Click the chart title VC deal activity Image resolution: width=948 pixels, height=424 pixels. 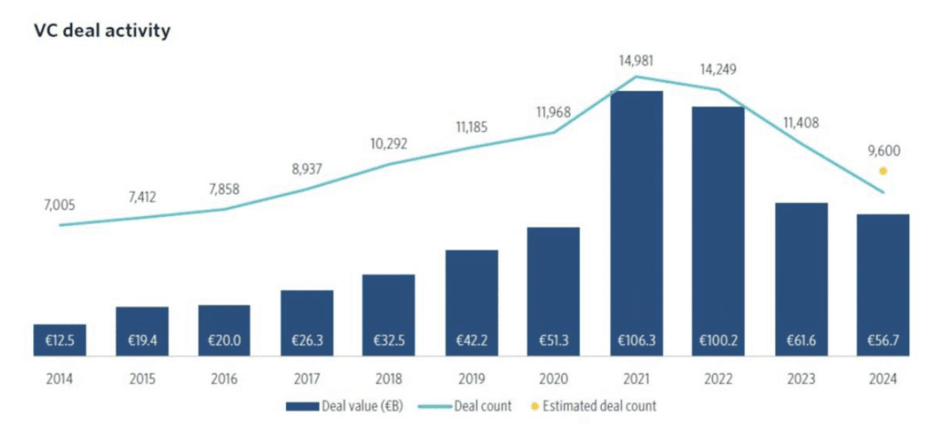click(x=101, y=32)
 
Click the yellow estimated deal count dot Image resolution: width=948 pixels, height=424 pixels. click(x=882, y=171)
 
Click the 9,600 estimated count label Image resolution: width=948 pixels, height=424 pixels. click(x=882, y=151)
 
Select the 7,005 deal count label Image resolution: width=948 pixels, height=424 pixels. click(x=58, y=206)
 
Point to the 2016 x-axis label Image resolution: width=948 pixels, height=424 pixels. click(x=224, y=378)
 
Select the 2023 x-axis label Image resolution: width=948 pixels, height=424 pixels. click(x=801, y=378)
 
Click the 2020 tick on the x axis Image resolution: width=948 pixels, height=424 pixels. click(x=553, y=378)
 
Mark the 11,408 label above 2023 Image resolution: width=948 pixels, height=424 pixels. click(x=801, y=124)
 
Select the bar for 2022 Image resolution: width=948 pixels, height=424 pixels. click(x=718, y=231)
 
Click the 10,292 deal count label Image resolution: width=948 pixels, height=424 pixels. click(x=388, y=144)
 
